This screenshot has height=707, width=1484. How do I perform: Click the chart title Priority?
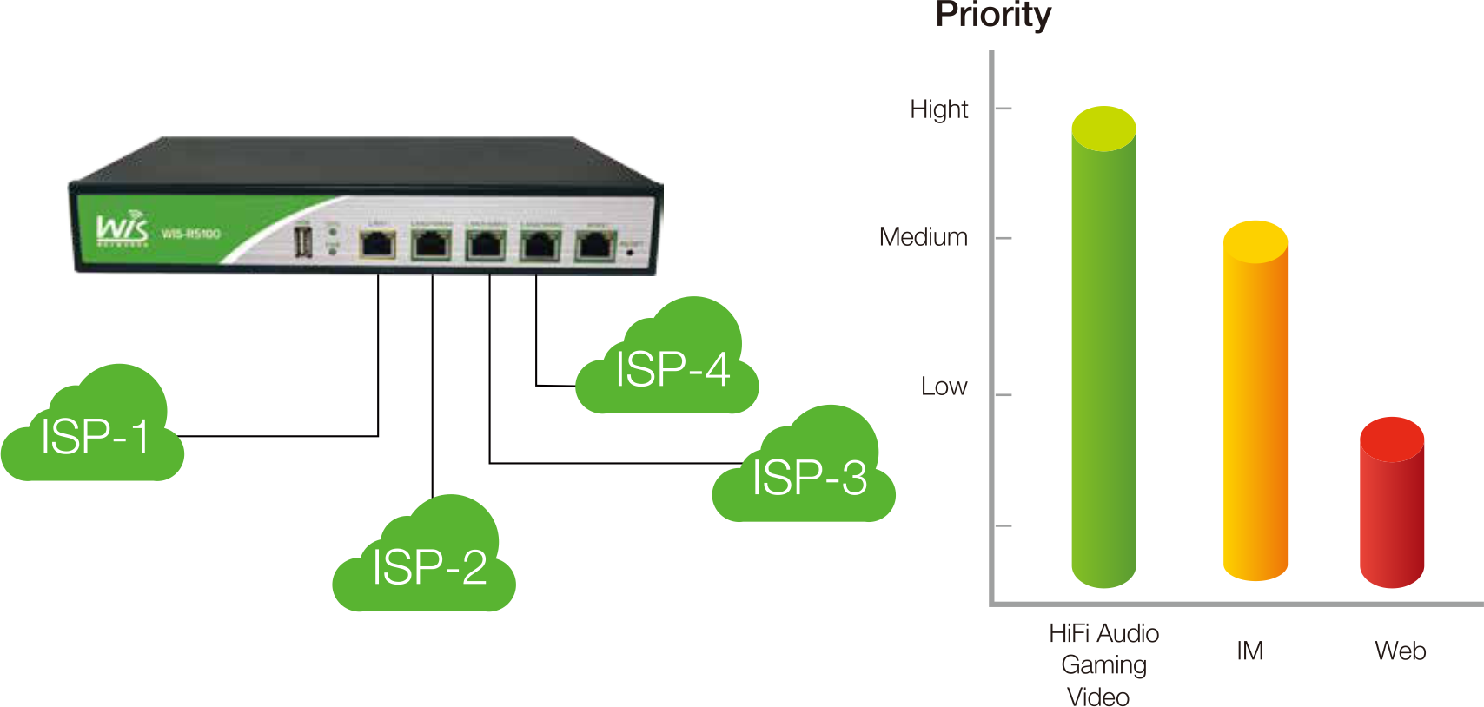[993, 15]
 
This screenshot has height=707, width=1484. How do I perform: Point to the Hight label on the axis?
[938, 109]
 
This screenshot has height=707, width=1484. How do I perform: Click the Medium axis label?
[923, 237]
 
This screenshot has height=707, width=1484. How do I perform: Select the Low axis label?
[944, 387]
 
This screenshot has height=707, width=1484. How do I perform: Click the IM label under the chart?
[1249, 651]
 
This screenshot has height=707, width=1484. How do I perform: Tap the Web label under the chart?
[1400, 651]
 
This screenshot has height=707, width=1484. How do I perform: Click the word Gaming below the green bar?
[1103, 665]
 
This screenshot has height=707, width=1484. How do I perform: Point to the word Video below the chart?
[1098, 697]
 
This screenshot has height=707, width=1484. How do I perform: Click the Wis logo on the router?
[122, 228]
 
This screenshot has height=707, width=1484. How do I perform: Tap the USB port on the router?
[302, 241]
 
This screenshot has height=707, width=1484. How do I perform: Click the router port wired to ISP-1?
[378, 245]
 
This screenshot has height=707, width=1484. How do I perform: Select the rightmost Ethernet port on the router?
[594, 245]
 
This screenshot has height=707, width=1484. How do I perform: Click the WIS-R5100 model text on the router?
[191, 234]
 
